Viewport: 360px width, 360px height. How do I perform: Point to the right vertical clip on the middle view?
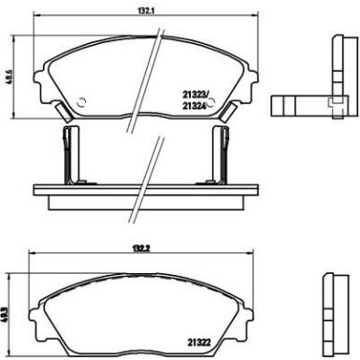222,154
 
